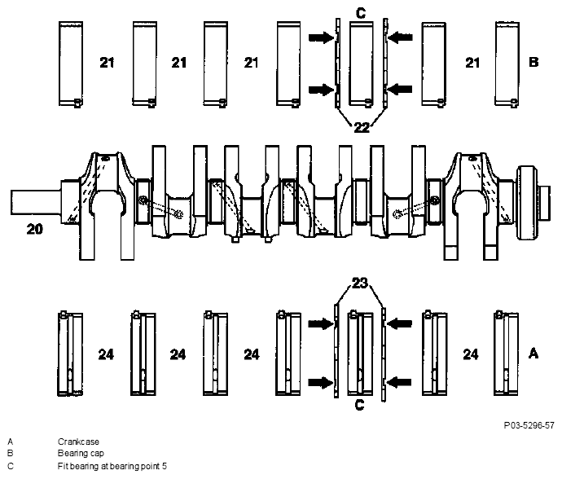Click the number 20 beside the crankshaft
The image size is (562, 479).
coord(35,229)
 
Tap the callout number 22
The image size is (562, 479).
coord(362,127)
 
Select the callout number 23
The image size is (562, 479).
coord(360,283)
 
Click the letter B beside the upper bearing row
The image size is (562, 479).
coord(533,62)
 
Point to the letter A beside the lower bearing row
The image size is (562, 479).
coord(533,354)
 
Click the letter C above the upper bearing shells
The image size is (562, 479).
coord(361,13)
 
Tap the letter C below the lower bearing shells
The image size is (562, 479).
coord(359,405)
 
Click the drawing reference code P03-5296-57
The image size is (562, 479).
coord(529,425)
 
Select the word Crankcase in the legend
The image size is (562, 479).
coord(78,442)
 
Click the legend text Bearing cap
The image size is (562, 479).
coord(81,454)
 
